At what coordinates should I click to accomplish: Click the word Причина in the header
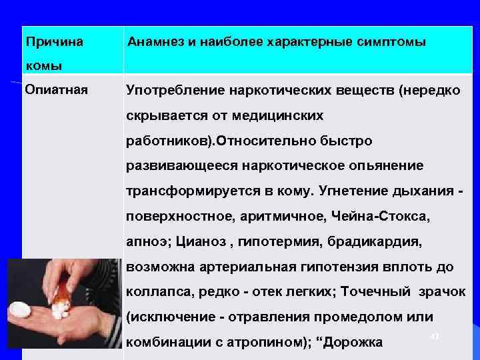tap(55, 42)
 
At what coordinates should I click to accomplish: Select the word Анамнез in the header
tap(157, 42)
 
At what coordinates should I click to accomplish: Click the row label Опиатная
tap(56, 89)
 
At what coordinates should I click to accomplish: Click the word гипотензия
tap(351, 267)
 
